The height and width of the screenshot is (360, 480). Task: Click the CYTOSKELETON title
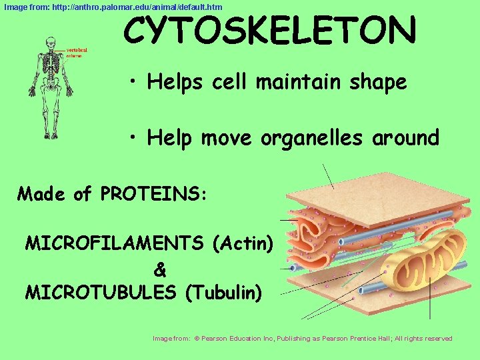pyautogui.click(x=269, y=31)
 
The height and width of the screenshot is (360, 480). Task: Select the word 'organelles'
pyautogui.click(x=312, y=138)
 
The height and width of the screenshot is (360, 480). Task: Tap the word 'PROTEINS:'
pyautogui.click(x=155, y=194)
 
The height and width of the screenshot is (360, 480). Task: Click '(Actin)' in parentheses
pyautogui.click(x=243, y=243)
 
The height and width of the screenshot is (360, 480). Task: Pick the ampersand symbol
pyautogui.click(x=160, y=270)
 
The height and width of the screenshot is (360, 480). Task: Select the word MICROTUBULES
pyautogui.click(x=100, y=292)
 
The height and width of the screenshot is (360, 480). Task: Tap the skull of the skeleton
pyautogui.click(x=50, y=42)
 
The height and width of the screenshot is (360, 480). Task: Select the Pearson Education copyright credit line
pyautogui.click(x=303, y=339)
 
